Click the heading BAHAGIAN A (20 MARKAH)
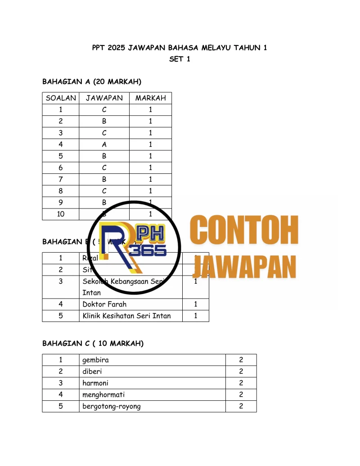92,81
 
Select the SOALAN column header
61,98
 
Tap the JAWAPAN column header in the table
104,98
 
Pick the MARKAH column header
150,98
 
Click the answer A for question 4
104,145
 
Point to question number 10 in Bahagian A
61,214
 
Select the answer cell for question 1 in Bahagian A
104,110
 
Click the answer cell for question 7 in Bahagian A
104,180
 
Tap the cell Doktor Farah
104,304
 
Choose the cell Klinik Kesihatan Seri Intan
126,316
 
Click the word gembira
95,360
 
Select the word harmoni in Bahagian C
96,384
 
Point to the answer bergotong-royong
111,407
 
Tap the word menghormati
103,395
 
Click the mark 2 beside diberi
241,372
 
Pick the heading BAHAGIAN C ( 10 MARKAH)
93,344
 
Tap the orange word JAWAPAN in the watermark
247,267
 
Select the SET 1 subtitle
180,59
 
